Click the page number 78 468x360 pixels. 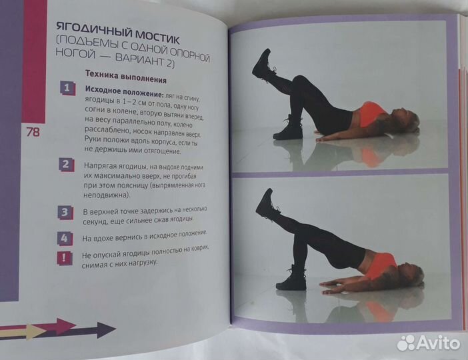32,131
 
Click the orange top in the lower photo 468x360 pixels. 381,265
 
